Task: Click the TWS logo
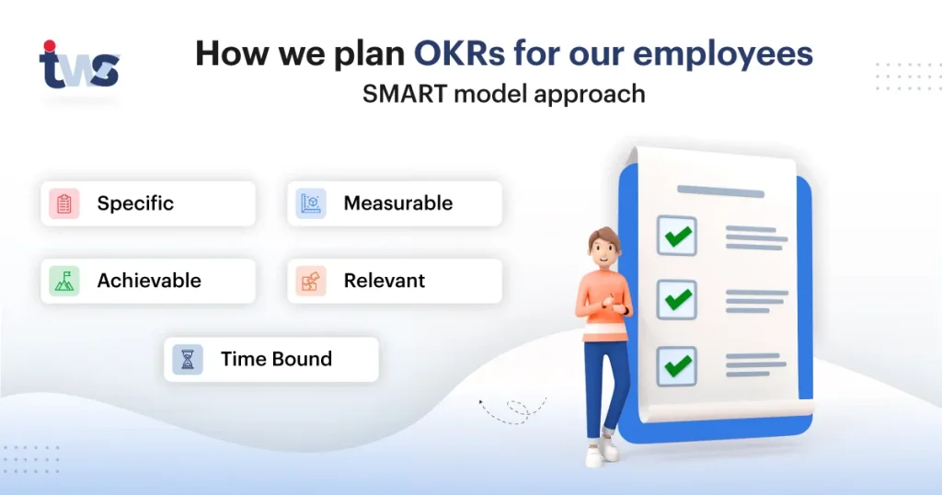pyautogui.click(x=79, y=65)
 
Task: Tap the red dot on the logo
pyautogui.click(x=50, y=46)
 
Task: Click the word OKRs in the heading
pyautogui.click(x=459, y=53)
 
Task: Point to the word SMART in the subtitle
pyautogui.click(x=405, y=94)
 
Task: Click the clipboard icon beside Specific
pyautogui.click(x=64, y=203)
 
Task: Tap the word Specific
pyautogui.click(x=135, y=203)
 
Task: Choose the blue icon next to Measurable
pyautogui.click(x=311, y=203)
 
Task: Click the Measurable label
pyautogui.click(x=397, y=203)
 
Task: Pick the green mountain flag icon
pyautogui.click(x=64, y=282)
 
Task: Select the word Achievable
pyautogui.click(x=149, y=281)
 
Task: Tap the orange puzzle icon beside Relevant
pyautogui.click(x=311, y=282)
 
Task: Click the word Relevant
pyautogui.click(x=384, y=281)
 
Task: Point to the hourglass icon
pyautogui.click(x=188, y=359)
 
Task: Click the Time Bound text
pyautogui.click(x=276, y=359)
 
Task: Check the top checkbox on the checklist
pyautogui.click(x=677, y=236)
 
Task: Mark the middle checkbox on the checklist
pyautogui.click(x=677, y=299)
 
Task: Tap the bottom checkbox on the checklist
pyautogui.click(x=677, y=366)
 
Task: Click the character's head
pyautogui.click(x=603, y=247)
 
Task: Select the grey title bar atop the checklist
pyautogui.click(x=720, y=191)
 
